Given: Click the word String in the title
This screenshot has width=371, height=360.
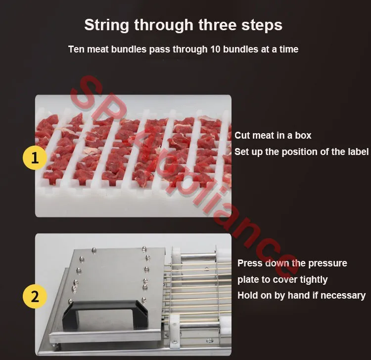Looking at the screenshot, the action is pyautogui.click(x=106, y=25).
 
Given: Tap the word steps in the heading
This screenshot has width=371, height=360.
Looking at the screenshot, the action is pyautogui.click(x=262, y=25).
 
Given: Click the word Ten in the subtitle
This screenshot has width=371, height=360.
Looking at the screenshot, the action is pyautogui.click(x=76, y=49).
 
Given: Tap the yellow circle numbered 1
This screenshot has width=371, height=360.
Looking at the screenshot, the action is pyautogui.click(x=35, y=157).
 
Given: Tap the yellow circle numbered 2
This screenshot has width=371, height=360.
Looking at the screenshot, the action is pyautogui.click(x=35, y=296).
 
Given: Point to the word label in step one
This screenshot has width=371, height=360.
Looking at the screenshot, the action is pyautogui.click(x=358, y=152).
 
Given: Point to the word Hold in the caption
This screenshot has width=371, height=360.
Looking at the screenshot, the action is pyautogui.click(x=246, y=295).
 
